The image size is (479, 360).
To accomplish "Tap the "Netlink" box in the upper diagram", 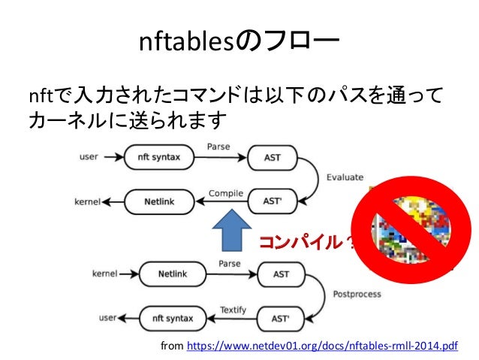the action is pyautogui.click(x=157, y=201).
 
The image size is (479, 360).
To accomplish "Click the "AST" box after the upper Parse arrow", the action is pyautogui.click(x=273, y=158).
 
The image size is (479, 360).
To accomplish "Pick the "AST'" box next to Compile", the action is pyautogui.click(x=273, y=201).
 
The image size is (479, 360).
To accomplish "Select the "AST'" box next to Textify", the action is pyautogui.click(x=281, y=318).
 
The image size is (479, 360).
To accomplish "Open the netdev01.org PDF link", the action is pyautogui.click(x=324, y=346).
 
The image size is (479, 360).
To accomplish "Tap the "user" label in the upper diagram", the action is pyautogui.click(x=89, y=158).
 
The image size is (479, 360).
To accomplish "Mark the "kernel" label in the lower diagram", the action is pyautogui.click(x=104, y=274).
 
